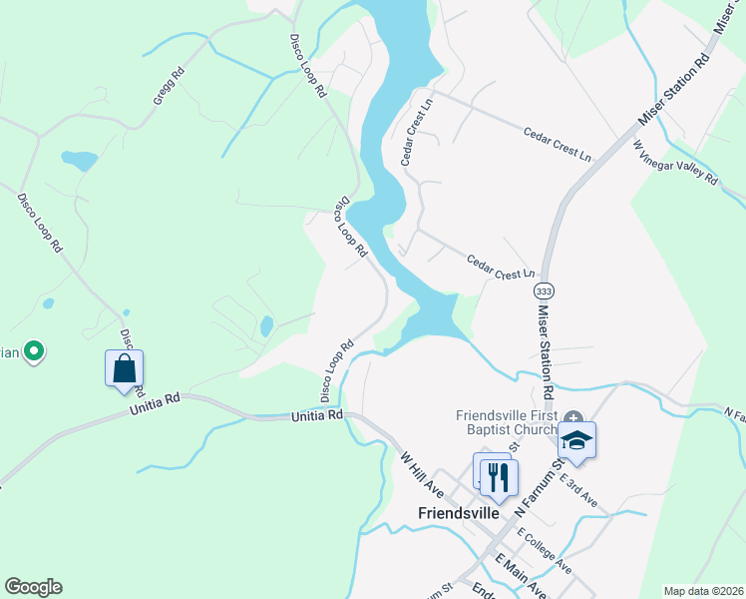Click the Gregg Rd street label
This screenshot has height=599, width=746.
point(170,87)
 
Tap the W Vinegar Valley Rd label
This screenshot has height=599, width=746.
point(675,163)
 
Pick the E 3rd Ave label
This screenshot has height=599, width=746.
point(578,489)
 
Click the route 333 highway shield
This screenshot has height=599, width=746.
point(543,291)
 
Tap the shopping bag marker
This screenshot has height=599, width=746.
point(124,368)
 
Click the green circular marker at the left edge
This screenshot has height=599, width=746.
point(34,350)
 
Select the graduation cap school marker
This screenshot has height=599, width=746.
point(576,439)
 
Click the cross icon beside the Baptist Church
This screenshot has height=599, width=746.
point(572,416)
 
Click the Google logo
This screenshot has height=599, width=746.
point(33,587)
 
